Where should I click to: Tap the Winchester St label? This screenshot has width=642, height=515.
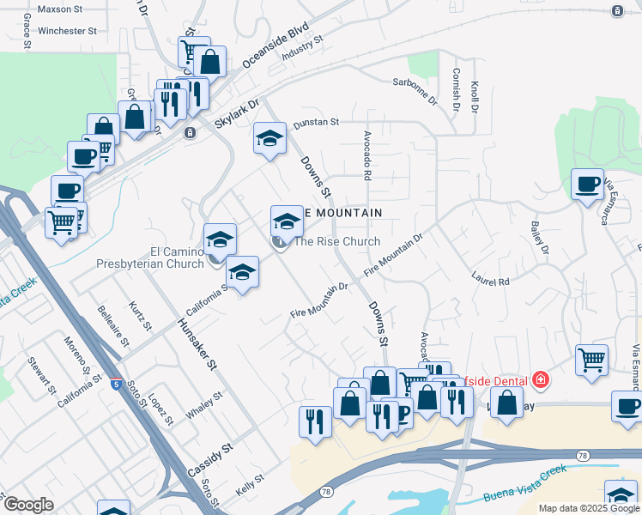(x=62, y=31)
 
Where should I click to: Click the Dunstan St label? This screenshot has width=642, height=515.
(x=317, y=123)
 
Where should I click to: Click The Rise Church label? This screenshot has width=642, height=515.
(x=336, y=241)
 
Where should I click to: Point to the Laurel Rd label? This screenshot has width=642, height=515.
(x=490, y=277)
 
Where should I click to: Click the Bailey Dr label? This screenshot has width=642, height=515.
(x=539, y=238)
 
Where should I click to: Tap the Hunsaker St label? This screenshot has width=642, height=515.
(x=197, y=344)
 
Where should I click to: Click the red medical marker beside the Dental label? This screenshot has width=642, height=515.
(x=540, y=379)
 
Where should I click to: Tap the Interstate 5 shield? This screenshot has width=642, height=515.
(x=116, y=385)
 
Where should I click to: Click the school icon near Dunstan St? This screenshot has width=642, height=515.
(x=270, y=138)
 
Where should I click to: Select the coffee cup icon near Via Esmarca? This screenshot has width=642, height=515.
(x=588, y=184)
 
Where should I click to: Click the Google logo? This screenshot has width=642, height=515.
(x=28, y=505)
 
